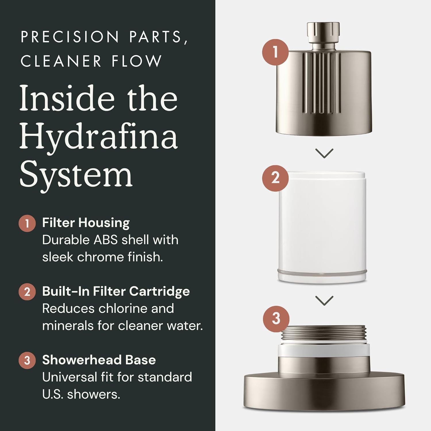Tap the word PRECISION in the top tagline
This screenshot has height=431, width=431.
[x=70, y=37]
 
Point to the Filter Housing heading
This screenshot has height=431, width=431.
[x=86, y=223]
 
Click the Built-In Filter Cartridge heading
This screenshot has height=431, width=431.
[x=116, y=291]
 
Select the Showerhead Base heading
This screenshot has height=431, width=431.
[x=99, y=360]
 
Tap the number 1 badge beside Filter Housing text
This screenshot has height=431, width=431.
[x=27, y=223]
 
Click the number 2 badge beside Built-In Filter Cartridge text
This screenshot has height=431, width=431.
[x=27, y=292]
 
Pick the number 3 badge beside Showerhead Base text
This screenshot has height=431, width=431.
[x=27, y=360]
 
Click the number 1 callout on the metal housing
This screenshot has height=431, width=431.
[x=275, y=52]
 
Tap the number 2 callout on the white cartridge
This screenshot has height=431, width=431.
[x=275, y=178]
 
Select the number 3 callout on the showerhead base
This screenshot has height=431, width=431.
[x=276, y=318]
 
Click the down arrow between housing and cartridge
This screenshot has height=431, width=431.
[x=324, y=153]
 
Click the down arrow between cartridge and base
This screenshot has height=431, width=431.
[x=324, y=301]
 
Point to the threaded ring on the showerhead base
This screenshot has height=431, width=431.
[x=324, y=335]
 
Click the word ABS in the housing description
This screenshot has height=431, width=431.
[x=106, y=240]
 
